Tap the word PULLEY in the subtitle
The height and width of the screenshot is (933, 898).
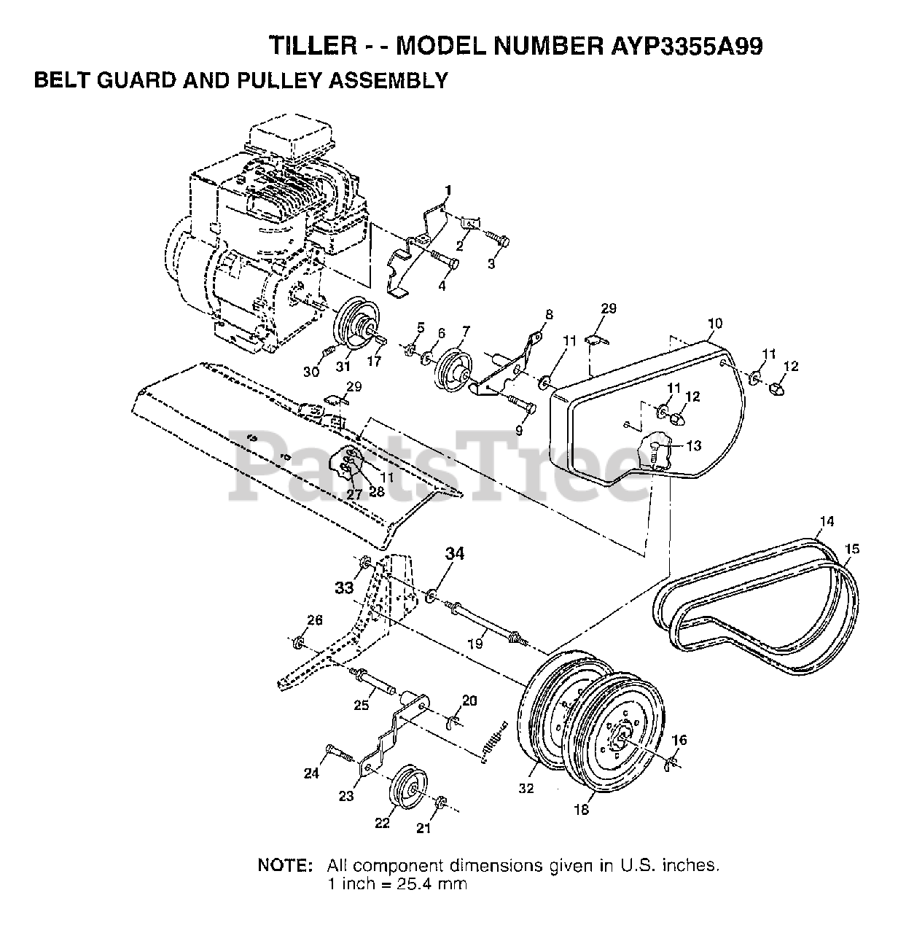278,80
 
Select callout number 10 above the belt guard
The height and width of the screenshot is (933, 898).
715,323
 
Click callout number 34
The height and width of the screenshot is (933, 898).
455,553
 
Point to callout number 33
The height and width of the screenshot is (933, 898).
344,587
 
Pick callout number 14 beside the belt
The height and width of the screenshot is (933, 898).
827,520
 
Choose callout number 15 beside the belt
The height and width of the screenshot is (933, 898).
851,548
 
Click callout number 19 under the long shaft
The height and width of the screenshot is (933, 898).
475,644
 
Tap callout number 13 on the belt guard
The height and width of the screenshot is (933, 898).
694,446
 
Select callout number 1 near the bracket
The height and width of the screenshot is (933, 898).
448,190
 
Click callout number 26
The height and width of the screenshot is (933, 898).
315,620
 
